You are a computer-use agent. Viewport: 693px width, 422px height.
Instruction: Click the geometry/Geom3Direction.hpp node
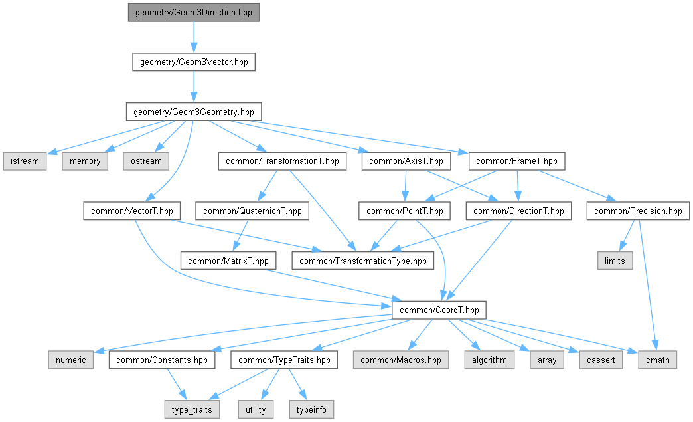click(x=193, y=13)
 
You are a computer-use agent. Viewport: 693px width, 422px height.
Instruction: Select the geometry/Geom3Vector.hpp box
click(x=193, y=62)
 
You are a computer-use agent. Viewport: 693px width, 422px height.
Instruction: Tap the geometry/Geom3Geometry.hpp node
click(x=193, y=112)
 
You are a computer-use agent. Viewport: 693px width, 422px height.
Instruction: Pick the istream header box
click(x=25, y=161)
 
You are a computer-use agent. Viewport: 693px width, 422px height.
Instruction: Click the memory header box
click(x=85, y=161)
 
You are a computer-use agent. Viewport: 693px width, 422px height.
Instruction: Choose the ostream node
click(x=145, y=161)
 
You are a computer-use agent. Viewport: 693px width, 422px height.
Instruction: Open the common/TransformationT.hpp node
click(x=282, y=161)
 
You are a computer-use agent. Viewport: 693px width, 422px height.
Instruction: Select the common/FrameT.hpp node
click(x=517, y=161)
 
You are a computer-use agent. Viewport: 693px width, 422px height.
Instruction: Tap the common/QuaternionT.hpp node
click(x=252, y=211)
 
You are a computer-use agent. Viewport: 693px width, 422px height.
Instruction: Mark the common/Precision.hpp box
click(x=638, y=211)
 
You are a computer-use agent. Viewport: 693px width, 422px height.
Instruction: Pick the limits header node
click(x=615, y=261)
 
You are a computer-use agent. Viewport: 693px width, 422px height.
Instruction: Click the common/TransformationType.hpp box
click(x=363, y=261)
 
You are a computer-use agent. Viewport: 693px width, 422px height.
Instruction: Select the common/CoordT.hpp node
click(x=439, y=310)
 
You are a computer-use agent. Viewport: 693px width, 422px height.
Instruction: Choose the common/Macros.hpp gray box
click(x=400, y=360)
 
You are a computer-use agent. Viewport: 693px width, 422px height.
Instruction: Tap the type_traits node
click(x=191, y=409)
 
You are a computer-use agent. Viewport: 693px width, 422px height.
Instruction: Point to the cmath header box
click(x=657, y=360)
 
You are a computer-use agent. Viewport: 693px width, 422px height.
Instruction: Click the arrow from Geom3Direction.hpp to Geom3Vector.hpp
click(x=193, y=37)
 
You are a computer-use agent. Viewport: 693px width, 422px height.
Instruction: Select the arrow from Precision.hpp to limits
click(x=625, y=236)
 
